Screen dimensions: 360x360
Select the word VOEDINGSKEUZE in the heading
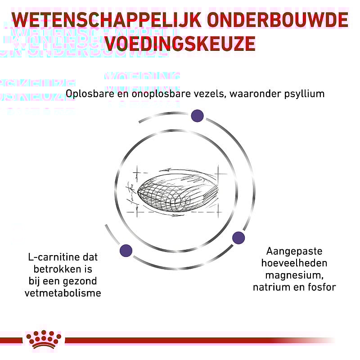[180, 44]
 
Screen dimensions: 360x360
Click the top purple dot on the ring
[197, 116]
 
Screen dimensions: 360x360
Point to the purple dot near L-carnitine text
[126, 250]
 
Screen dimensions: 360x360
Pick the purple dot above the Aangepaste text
[238, 238]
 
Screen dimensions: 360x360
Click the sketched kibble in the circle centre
[175, 191]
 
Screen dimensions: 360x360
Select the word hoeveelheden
[294, 263]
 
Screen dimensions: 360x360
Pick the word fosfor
[322, 286]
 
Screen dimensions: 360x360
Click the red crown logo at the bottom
[44, 338]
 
